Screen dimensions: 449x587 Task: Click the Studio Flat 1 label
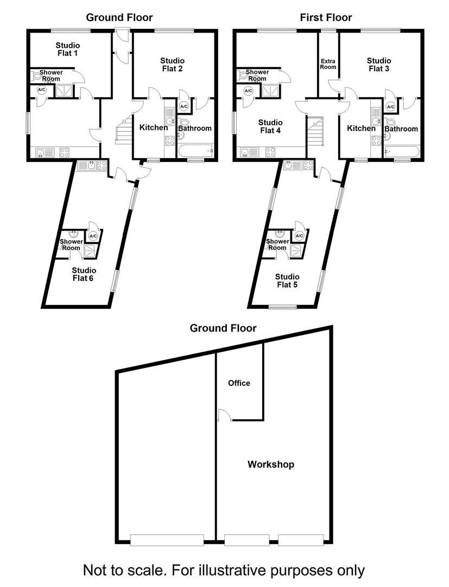point(68,49)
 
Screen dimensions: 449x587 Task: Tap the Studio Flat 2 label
point(172,64)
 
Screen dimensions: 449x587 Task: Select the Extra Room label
point(328,64)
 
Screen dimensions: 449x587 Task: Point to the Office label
point(239,383)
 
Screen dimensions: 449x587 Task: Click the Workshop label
point(271,464)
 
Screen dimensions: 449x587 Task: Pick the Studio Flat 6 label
point(84,274)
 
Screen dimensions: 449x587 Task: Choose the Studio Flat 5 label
point(287,280)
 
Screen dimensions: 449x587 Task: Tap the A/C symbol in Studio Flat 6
point(93,236)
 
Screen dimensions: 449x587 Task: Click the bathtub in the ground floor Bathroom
point(196,151)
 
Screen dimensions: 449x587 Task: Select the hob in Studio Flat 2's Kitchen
point(170,141)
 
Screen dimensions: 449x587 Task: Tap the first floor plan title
point(326,17)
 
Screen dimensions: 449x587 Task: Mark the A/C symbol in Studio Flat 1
point(41,90)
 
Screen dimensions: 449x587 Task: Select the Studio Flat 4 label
point(270,126)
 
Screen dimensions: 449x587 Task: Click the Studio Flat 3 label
point(379,64)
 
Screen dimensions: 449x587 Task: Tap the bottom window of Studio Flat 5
point(283,308)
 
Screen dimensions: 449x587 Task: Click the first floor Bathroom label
point(401,129)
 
